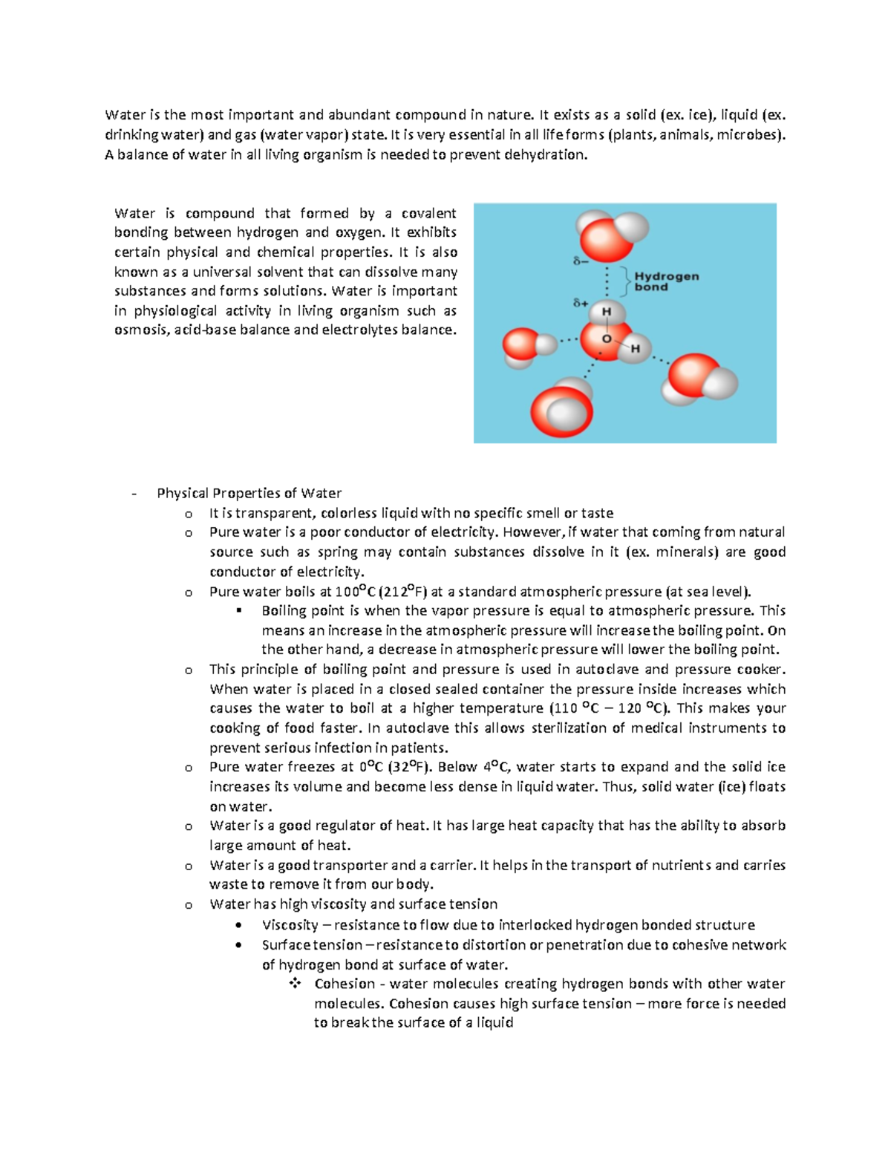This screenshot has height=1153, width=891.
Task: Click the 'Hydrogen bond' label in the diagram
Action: [x=666, y=281]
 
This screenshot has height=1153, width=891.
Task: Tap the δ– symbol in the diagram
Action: [x=581, y=261]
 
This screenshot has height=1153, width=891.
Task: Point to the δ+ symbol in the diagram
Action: [x=581, y=303]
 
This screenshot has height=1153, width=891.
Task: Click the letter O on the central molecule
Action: [x=607, y=339]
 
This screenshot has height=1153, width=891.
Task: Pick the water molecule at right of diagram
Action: [x=699, y=379]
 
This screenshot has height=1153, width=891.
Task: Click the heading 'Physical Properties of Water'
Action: [x=249, y=493]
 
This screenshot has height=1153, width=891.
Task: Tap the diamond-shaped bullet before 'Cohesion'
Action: [x=295, y=984]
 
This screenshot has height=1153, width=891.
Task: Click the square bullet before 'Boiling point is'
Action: [x=239, y=610]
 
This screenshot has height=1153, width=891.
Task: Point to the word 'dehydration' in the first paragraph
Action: [x=544, y=154]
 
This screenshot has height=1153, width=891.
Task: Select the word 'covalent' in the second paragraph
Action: [x=428, y=214]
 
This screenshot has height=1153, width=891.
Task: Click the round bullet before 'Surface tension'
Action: [x=238, y=945]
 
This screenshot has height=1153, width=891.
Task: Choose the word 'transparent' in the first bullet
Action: [x=270, y=513]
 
